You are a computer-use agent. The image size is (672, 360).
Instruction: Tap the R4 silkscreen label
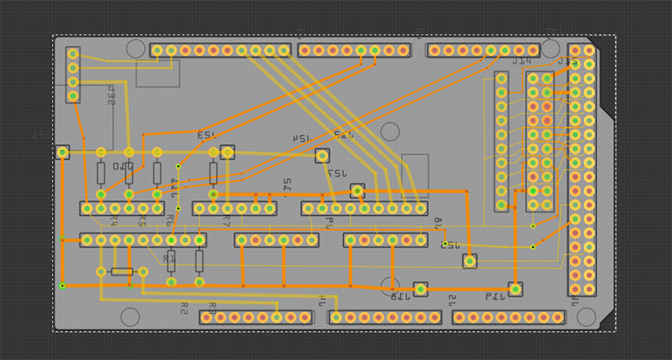point(113,221)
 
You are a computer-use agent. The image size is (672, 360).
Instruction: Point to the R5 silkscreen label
point(142,221)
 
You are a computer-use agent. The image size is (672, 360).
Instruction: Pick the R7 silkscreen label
point(225,221)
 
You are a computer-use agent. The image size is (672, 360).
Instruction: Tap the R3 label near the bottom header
point(212,306)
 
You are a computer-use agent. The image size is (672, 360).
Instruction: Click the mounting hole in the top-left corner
point(135,49)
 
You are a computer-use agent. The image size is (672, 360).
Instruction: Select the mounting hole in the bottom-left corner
point(130,317)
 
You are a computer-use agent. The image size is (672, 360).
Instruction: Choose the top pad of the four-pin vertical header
point(72,54)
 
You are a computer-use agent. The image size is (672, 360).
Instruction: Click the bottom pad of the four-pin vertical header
point(72,96)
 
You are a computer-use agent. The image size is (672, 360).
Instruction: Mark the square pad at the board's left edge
point(63,152)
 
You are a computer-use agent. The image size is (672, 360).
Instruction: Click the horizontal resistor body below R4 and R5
point(122,272)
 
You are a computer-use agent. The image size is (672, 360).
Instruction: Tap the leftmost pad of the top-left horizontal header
point(157,51)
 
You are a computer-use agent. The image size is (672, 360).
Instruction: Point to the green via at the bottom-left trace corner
point(63,285)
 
